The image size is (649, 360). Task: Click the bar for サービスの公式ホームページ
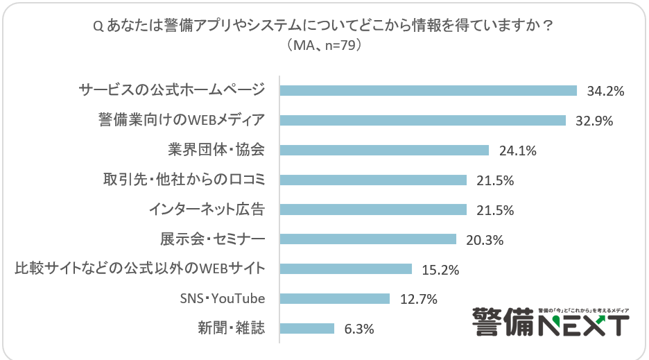428,90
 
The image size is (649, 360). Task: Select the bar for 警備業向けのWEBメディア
423,120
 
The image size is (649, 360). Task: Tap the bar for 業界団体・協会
384,150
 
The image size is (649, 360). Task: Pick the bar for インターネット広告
373,209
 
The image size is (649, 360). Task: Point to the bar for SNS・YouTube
334,299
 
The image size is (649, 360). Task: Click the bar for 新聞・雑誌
306,329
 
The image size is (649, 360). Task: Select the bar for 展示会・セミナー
367,239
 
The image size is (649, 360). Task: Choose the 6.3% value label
358,329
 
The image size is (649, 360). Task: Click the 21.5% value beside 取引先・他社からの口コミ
495,180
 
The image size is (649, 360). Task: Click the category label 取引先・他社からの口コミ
184,180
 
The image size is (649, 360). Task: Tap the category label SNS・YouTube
223,299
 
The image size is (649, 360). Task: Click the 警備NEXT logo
551,322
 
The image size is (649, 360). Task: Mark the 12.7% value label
419,300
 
